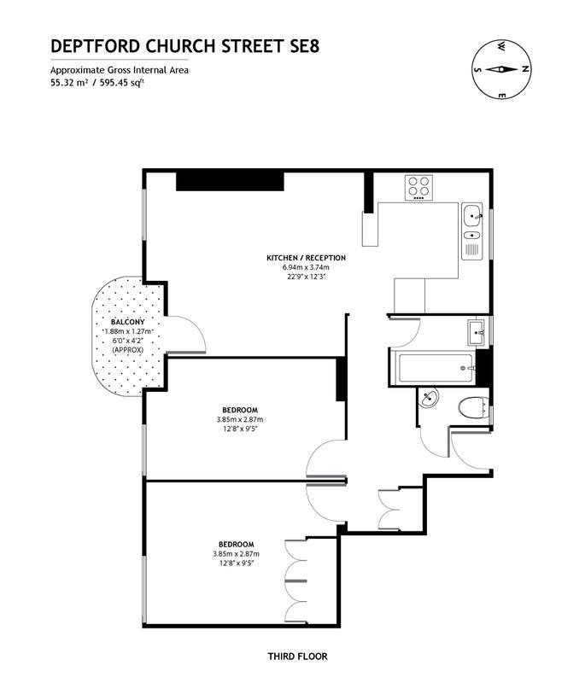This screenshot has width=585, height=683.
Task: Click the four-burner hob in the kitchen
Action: click(419, 187)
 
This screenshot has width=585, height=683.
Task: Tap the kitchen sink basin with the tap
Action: click(472, 215)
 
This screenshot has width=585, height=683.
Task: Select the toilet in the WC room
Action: click(473, 407)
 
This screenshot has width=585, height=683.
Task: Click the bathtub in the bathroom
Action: click(436, 368)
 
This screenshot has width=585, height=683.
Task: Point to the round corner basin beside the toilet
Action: click(429, 398)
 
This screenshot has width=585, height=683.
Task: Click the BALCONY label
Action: click(127, 322)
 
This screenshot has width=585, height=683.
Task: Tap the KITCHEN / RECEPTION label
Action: click(307, 258)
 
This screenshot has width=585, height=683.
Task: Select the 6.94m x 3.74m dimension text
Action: click(307, 267)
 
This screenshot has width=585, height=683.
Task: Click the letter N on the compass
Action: click(525, 69)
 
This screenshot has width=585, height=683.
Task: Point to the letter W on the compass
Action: click(502, 45)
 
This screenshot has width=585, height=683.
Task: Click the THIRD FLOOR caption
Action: click(297, 656)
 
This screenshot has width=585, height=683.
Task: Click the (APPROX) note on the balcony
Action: click(127, 350)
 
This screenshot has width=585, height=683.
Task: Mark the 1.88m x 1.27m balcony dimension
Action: click(127, 331)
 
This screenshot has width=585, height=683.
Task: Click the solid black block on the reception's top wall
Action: click(230, 181)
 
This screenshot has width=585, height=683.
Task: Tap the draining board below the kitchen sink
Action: click(472, 249)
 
